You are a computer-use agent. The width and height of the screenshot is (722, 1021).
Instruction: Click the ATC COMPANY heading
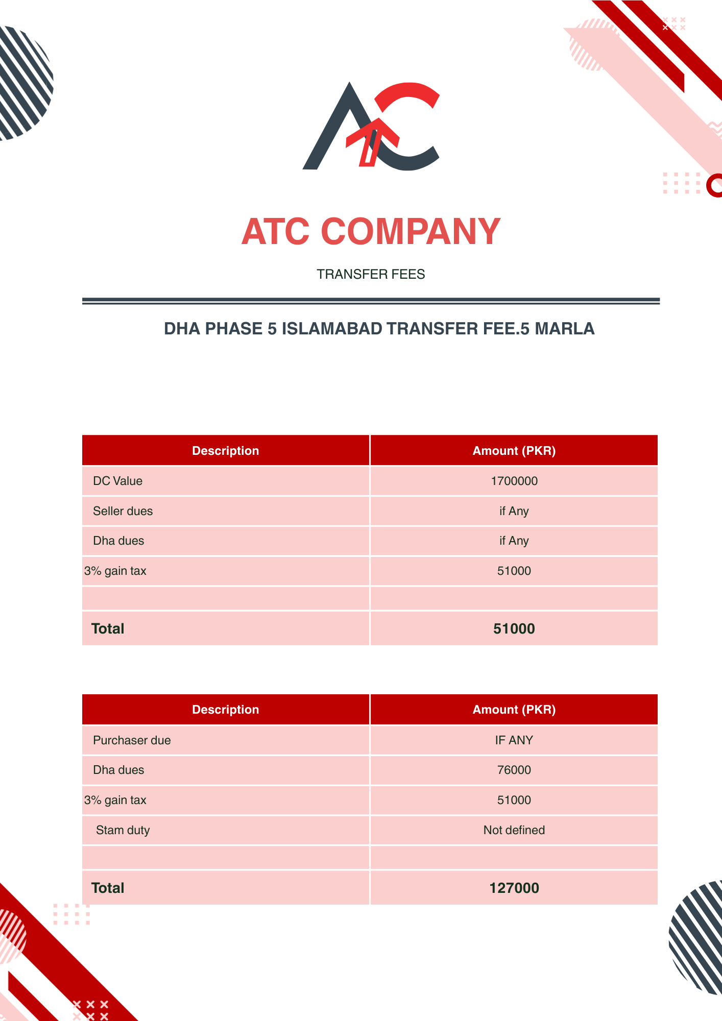[x=371, y=232]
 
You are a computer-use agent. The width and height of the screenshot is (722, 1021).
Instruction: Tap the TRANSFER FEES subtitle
[x=371, y=274]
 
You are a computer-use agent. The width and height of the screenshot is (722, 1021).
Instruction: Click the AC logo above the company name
[x=371, y=126]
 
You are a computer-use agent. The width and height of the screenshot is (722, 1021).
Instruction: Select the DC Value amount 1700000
[x=514, y=481]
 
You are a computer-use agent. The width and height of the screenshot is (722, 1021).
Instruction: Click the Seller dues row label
[x=123, y=511]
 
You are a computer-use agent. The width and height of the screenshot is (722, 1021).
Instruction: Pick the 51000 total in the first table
[x=514, y=628]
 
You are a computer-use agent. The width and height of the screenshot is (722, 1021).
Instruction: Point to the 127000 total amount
[x=514, y=888]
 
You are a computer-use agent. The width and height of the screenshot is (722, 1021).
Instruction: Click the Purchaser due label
[x=132, y=740]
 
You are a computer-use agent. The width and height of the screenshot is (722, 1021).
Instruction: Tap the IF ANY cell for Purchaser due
[x=514, y=740]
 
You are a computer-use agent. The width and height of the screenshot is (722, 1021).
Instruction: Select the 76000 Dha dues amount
[x=514, y=770]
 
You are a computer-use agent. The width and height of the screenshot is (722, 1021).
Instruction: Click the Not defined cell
[x=514, y=830]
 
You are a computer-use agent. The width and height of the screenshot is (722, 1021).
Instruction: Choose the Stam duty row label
[x=123, y=830]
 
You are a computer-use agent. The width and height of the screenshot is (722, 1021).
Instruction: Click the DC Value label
[x=117, y=481]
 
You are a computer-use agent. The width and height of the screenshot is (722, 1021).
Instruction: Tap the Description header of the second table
[x=225, y=710]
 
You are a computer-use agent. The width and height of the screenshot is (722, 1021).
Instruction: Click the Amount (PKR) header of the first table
[x=514, y=451]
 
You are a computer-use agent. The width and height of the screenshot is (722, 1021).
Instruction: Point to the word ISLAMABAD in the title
[x=332, y=328]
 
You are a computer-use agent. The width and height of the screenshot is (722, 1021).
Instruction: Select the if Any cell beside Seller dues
[x=514, y=511]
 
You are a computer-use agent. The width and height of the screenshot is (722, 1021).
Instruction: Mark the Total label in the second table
[x=108, y=888]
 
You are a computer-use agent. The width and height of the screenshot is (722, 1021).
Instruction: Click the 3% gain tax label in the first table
[x=115, y=571]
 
